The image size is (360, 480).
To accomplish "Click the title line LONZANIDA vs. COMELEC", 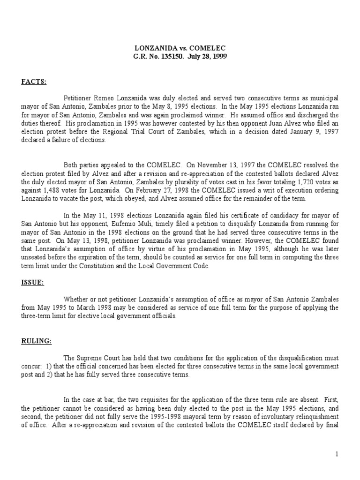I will coord(180,48).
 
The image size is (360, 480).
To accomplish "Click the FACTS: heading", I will coord(33,82).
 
